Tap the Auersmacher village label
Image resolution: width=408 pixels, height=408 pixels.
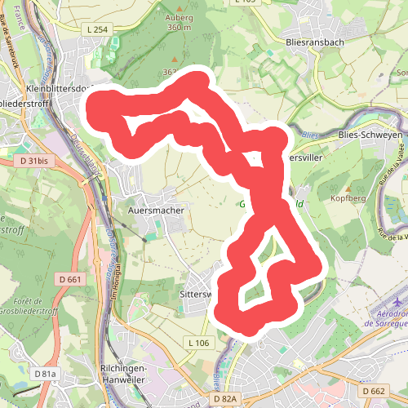coord(157,210)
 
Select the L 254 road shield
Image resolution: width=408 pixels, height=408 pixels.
coord(97,29)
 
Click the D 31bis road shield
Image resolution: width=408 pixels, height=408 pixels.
coord(33,161)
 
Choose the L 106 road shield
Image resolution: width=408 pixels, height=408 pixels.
coord(198,342)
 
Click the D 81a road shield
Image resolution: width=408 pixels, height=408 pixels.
coord(46,373)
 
